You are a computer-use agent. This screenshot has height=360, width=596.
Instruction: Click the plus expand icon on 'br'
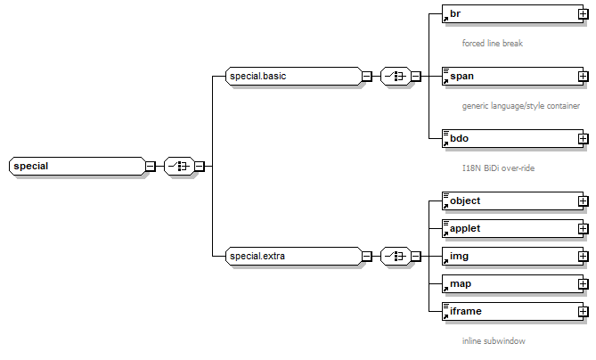coord(584,14)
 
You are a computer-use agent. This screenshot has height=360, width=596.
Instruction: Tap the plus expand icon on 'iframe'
coord(584,312)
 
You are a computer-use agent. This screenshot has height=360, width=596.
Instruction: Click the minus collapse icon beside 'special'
coord(151,166)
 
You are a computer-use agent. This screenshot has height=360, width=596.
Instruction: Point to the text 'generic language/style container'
coord(521,105)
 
